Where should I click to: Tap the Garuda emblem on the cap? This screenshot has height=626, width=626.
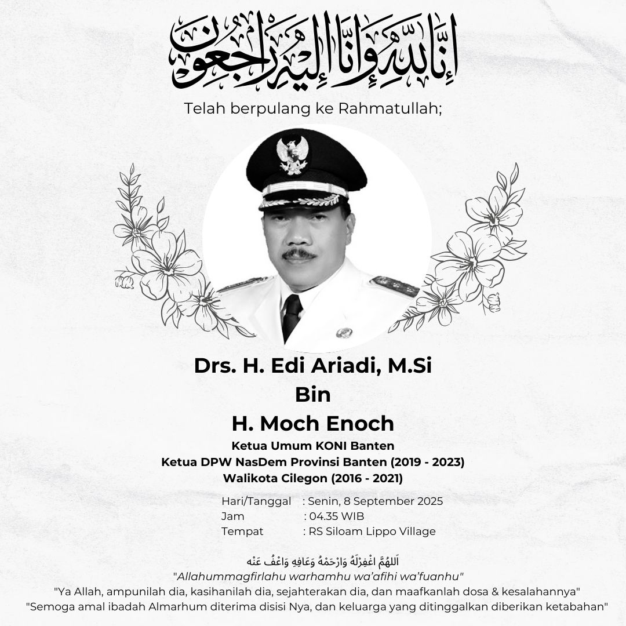[293, 155]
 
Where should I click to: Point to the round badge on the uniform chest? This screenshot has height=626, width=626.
[344, 333]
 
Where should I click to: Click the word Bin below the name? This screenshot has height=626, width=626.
[312, 395]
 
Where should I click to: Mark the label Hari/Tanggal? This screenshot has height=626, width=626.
[256, 501]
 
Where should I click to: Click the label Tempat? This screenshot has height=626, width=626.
[242, 532]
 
